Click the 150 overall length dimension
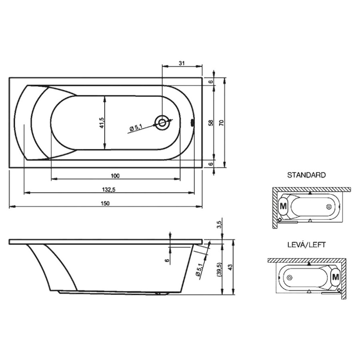(105, 203)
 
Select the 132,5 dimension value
(108, 190)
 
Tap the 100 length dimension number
(115, 176)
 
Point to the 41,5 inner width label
(102, 123)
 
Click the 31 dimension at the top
(182, 63)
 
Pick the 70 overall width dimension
(221, 123)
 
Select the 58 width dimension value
(211, 123)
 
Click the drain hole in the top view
(162, 123)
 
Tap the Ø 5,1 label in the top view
(136, 128)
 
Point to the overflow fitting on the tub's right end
(192, 123)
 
